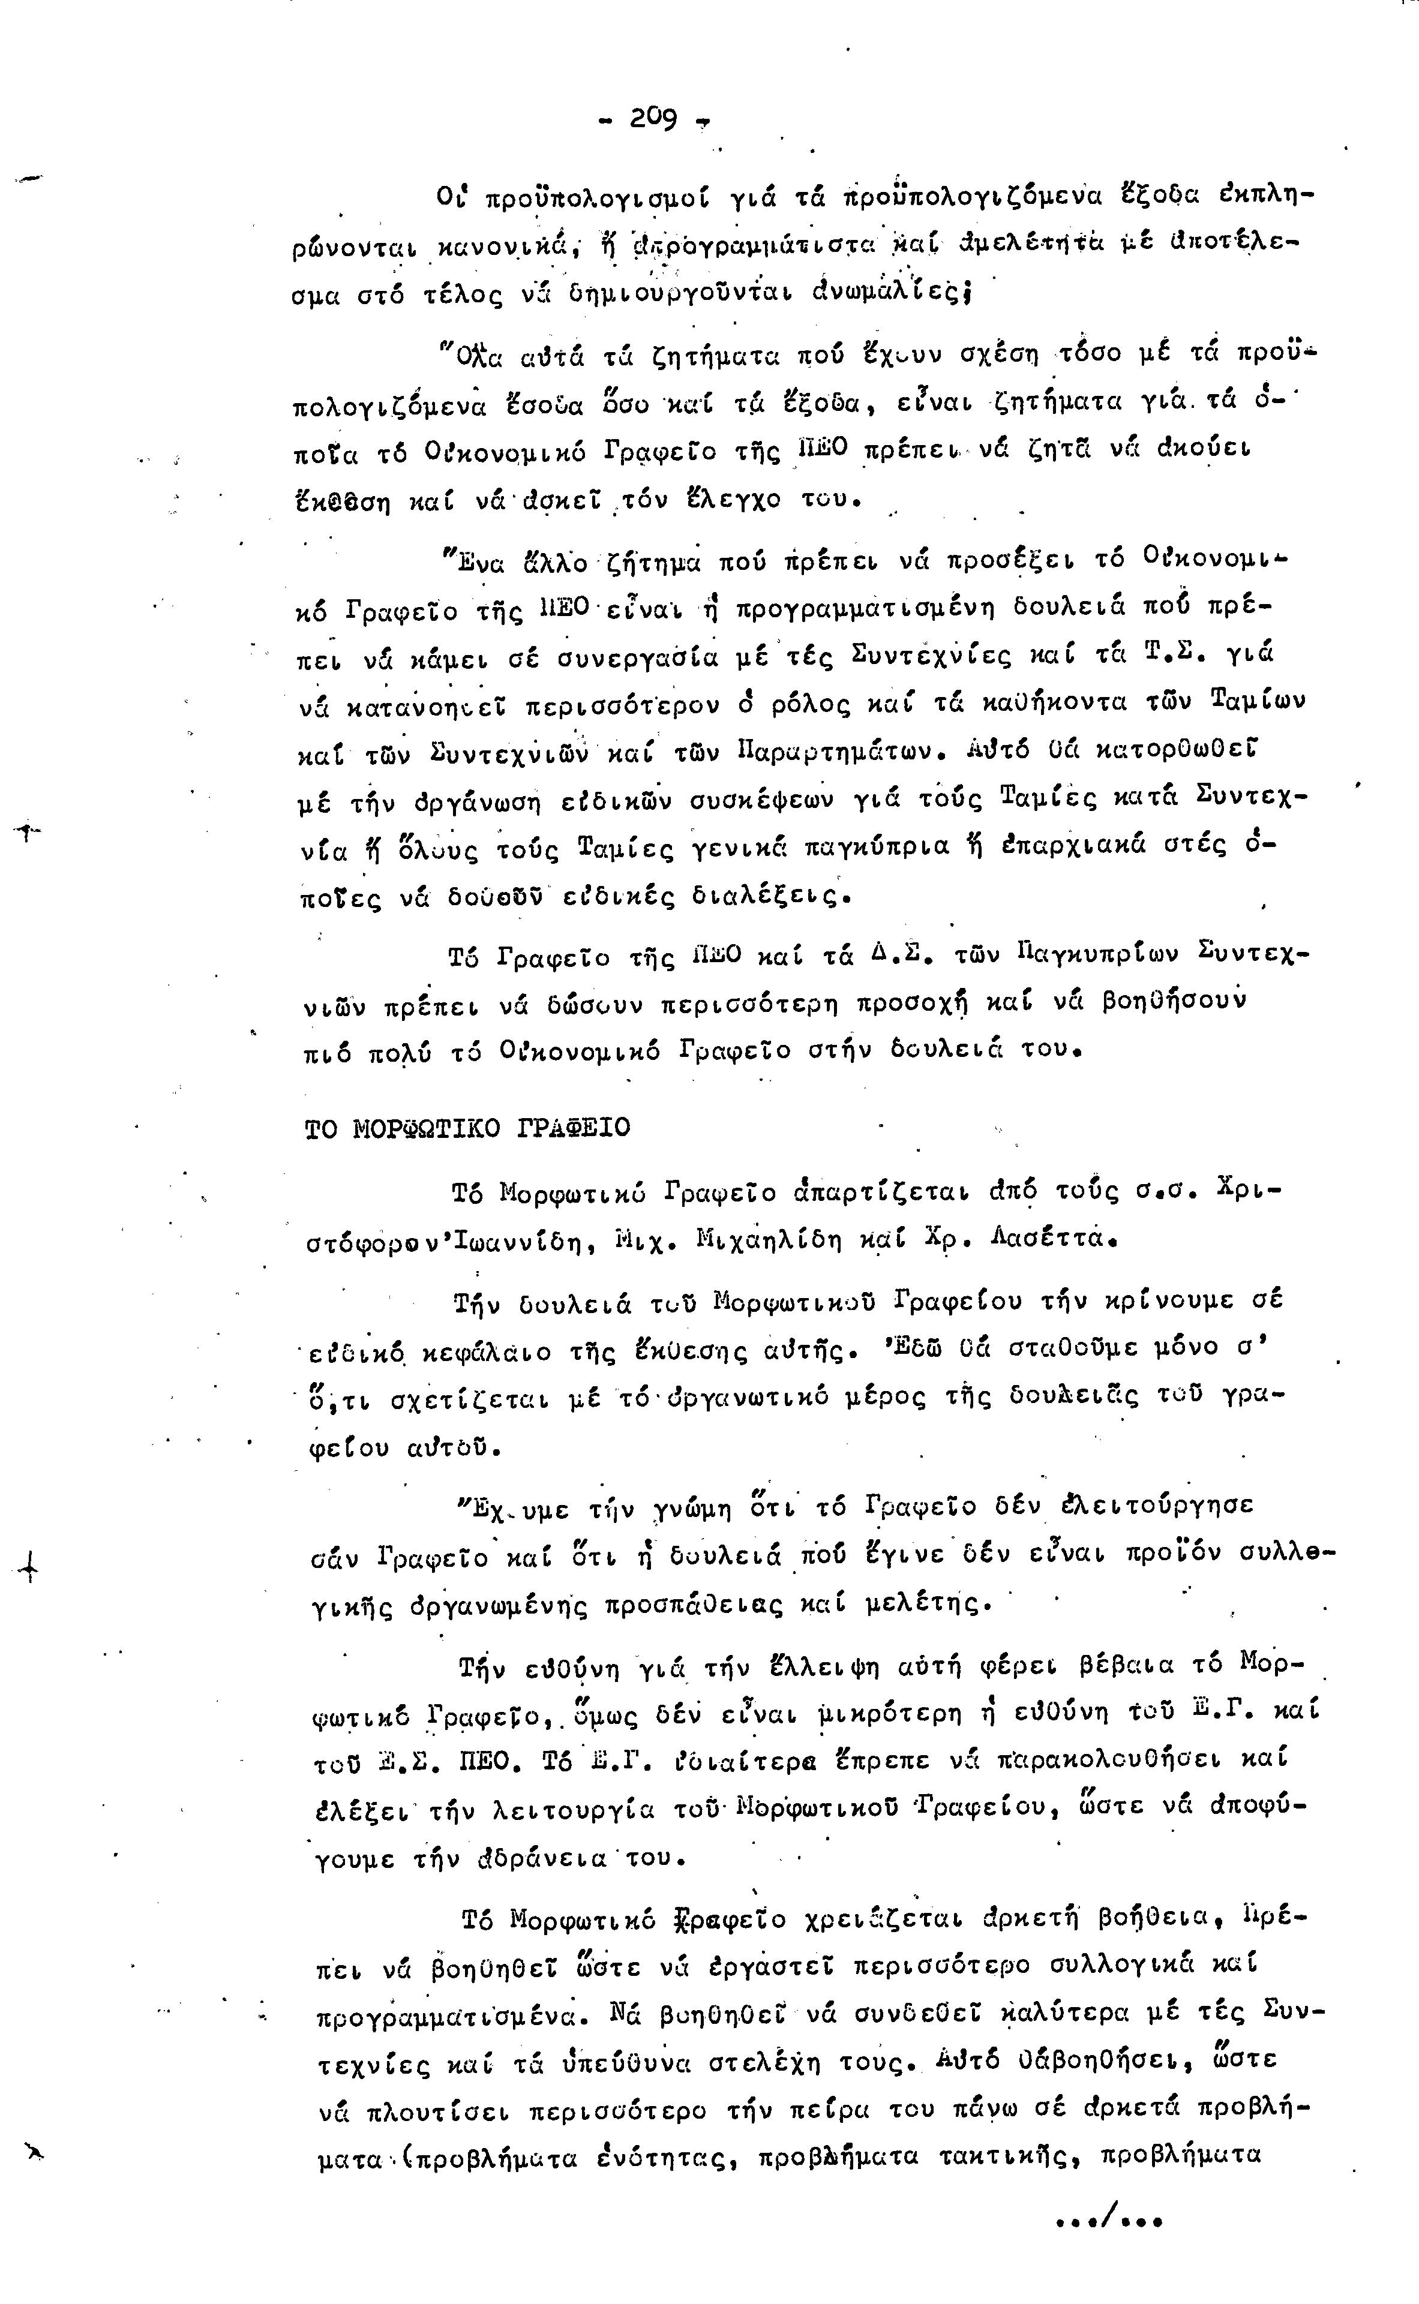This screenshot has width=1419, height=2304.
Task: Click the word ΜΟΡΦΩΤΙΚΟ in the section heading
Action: (x=428, y=1128)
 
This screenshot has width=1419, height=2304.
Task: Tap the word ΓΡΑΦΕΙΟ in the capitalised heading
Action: (x=574, y=1128)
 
